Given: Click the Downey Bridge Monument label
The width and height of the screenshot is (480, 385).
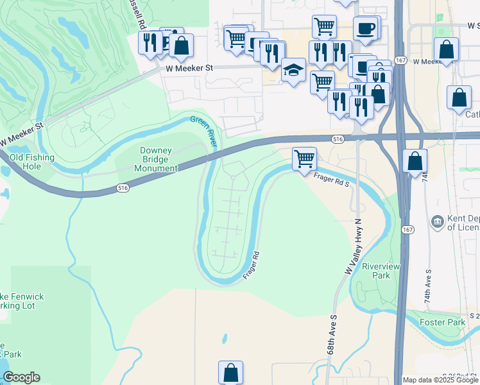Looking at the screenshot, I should [155, 159].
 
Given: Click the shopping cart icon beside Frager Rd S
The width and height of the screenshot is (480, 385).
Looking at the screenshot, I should [304, 158].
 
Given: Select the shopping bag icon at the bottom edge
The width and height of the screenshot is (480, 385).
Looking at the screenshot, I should [230, 372].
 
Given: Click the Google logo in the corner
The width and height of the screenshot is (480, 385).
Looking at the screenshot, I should [21, 377].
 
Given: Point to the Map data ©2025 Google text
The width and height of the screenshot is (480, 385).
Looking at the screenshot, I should [441, 380].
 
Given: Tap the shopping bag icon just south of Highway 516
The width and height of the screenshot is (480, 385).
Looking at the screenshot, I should [415, 160].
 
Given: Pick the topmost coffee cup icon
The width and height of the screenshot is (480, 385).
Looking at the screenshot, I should [366, 28].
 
